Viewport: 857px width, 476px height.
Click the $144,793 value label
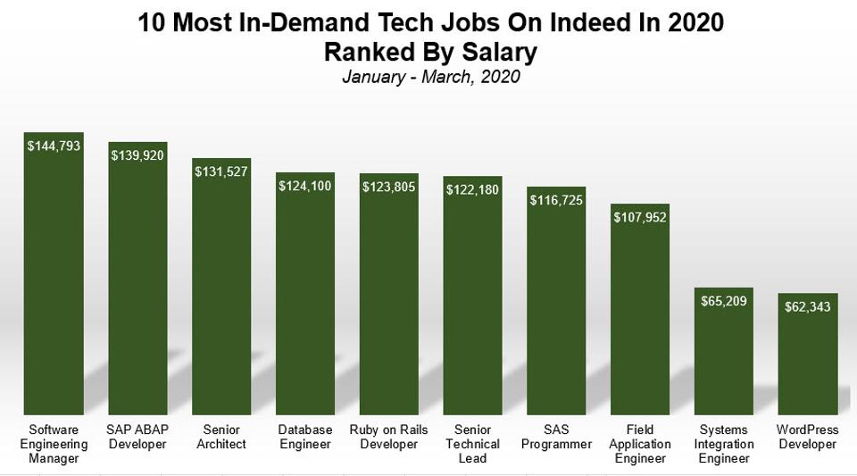coord(54,146)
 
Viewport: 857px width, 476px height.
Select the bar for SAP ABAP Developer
coord(137,286)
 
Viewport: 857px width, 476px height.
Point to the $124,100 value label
coord(304,186)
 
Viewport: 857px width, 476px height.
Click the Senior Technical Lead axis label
coord(472,444)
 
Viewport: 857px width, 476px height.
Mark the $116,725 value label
coord(555,200)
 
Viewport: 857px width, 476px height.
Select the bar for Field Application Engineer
coord(640,313)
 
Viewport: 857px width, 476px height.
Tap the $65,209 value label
coord(724,301)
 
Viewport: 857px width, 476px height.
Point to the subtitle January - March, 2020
coord(430,77)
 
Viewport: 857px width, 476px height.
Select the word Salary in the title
coord(496,52)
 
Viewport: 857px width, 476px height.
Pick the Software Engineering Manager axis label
coord(54,444)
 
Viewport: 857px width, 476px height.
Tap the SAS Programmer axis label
coord(555,437)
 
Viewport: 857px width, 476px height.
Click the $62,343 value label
coord(807,306)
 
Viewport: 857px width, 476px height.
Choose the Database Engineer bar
coord(304,295)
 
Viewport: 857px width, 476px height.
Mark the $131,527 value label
coord(221,171)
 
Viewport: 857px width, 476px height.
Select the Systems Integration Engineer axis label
coord(724,444)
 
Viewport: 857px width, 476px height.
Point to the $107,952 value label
coord(640,216)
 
